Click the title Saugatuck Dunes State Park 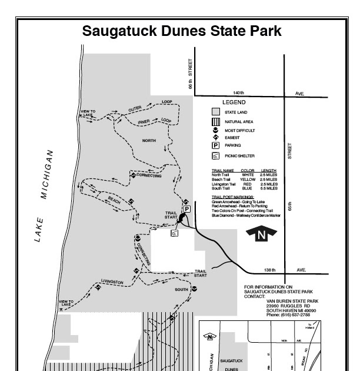(181, 31)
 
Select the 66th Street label (191, 74)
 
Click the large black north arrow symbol (261, 234)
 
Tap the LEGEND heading (234, 102)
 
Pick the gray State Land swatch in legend (216, 111)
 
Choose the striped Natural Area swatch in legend (216, 121)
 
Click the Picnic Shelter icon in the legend (216, 156)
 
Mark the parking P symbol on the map (187, 209)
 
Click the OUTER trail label (136, 108)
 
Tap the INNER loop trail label (145, 122)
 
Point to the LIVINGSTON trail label (112, 282)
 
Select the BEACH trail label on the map (114, 200)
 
